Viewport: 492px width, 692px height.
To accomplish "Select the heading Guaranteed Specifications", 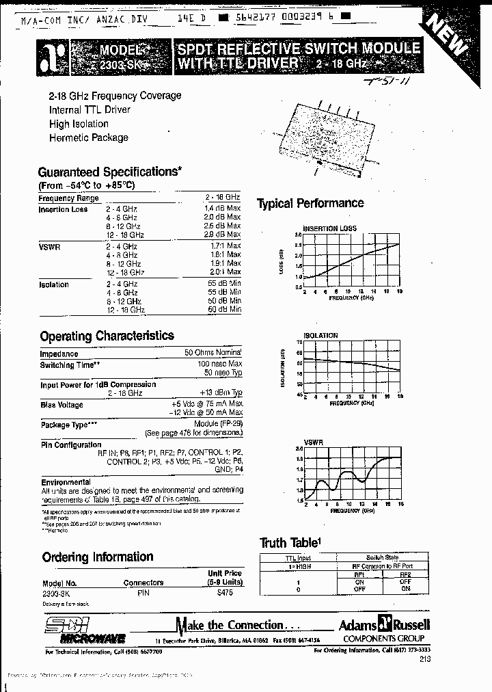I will coord(109,172).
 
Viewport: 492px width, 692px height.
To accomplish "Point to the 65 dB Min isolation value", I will coord(225,283).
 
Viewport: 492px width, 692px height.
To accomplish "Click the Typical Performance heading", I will coord(310,203).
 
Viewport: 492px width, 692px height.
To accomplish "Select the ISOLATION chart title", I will coord(320,336).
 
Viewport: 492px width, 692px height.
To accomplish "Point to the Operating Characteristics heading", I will coord(107,336).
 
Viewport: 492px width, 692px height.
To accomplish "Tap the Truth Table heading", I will coord(290,543).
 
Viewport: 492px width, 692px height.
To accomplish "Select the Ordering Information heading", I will coord(98,557).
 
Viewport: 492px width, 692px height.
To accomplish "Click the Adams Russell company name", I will coord(384,624).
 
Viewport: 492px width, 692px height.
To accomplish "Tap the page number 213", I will coord(424,658).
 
